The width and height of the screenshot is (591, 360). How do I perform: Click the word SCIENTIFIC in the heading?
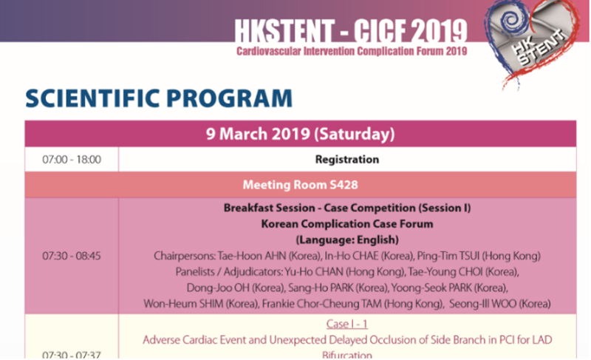click(x=93, y=99)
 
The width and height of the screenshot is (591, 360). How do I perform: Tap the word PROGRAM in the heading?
click(x=229, y=99)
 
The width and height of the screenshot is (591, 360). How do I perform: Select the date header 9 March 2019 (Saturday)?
click(x=301, y=134)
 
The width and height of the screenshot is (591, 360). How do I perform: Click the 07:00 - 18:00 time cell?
click(x=72, y=160)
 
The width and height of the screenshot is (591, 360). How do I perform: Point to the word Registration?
click(x=347, y=160)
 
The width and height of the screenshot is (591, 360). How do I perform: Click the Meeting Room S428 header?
click(x=301, y=185)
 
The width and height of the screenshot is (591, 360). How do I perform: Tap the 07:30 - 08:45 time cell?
click(x=72, y=256)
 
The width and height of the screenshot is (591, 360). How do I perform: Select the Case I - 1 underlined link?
click(x=346, y=325)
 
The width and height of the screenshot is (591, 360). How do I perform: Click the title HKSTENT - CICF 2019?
click(x=351, y=31)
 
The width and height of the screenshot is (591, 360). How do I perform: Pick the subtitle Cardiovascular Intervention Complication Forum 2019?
click(x=352, y=51)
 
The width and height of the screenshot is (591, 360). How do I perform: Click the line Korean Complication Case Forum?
click(x=347, y=224)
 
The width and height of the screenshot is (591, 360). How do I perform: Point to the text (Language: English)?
click(x=347, y=240)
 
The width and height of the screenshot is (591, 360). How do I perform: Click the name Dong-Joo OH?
click(x=218, y=288)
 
